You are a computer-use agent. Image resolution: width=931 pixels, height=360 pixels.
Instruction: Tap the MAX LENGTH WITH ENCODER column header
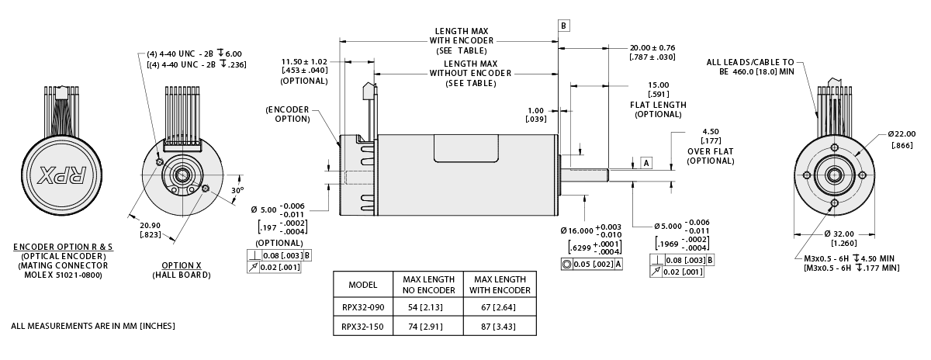pyautogui.click(x=500, y=284)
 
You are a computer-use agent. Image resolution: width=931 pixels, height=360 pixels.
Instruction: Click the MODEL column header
pyautogui.click(x=363, y=284)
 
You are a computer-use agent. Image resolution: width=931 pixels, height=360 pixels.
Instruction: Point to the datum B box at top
pyautogui.click(x=563, y=26)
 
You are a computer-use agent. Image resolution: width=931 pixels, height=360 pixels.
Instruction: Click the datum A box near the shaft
pyautogui.click(x=645, y=162)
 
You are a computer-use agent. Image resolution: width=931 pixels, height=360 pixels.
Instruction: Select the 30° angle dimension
pyautogui.click(x=238, y=190)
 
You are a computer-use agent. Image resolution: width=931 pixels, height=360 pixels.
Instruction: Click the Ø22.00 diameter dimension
pyautogui.click(x=900, y=135)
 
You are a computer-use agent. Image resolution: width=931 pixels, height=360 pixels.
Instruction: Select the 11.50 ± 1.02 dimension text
pyautogui.click(x=304, y=61)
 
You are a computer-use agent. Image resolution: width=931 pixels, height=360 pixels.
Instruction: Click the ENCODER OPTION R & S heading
pyautogui.click(x=63, y=247)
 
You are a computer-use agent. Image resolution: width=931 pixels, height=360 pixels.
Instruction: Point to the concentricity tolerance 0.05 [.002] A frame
pyautogui.click(x=592, y=265)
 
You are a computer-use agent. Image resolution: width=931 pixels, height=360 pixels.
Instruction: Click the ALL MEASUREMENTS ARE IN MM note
pyautogui.click(x=93, y=326)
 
